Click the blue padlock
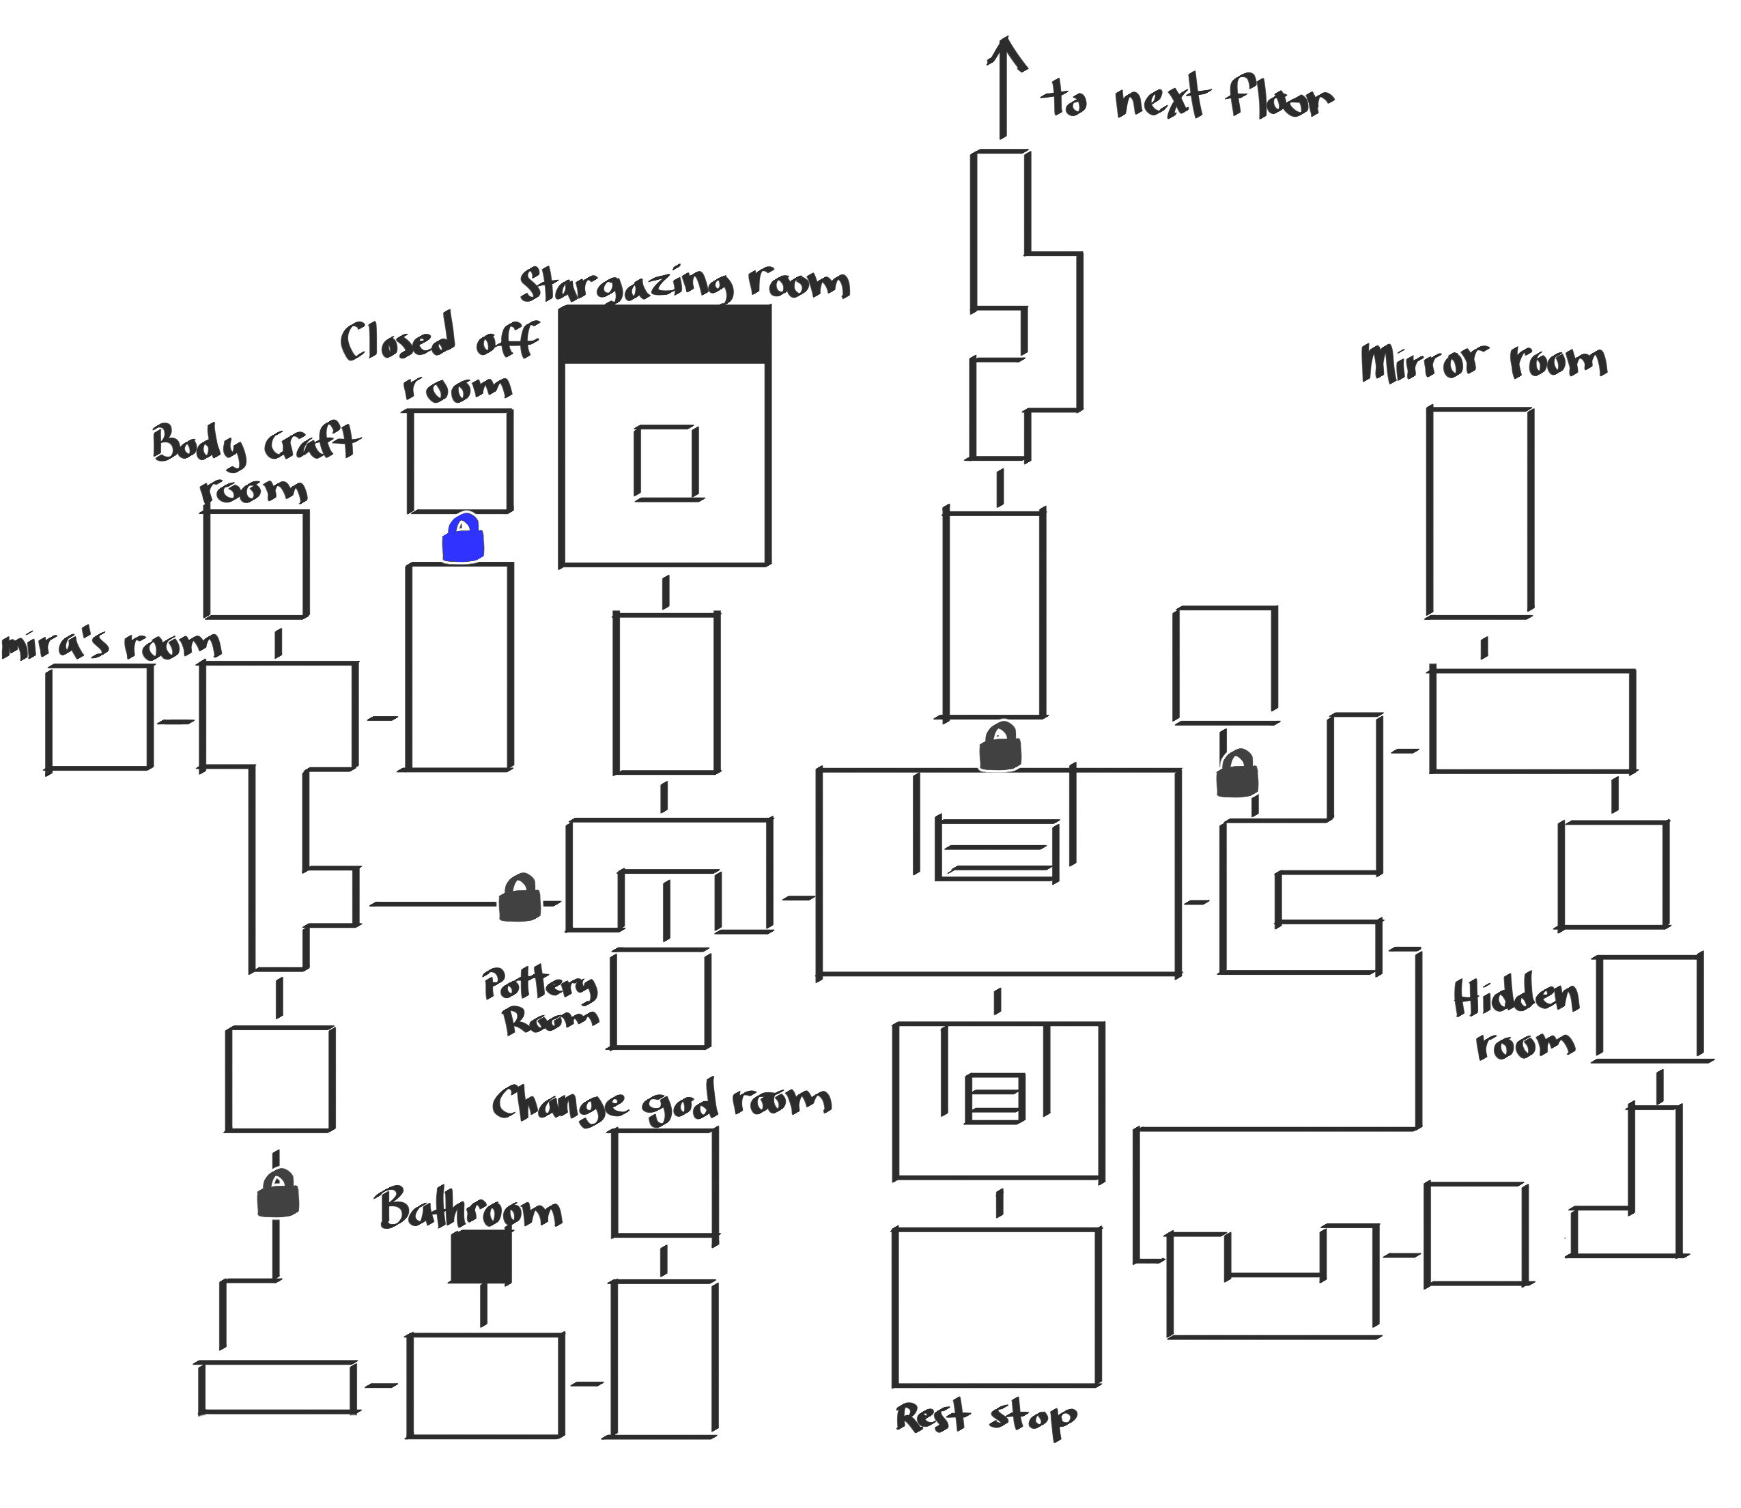coord(463,539)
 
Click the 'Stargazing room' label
coord(684,283)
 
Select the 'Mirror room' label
coord(1484,362)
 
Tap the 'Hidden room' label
coord(1517,1019)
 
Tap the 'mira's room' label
coord(111,644)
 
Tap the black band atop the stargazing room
coord(665,334)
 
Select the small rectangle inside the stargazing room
coord(666,463)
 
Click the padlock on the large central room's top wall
coord(1000,746)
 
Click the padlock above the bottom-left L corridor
coord(278,1193)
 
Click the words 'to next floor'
coord(1187,99)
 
